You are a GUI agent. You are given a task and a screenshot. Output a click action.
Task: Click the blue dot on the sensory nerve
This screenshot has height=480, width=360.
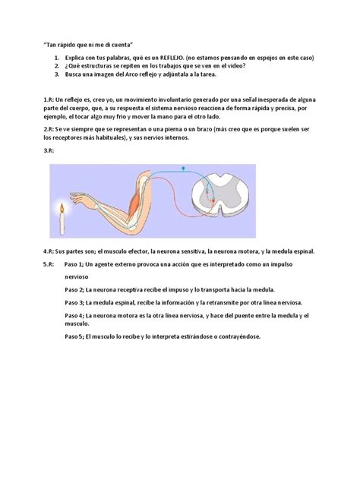pyautogui.click(x=183, y=167)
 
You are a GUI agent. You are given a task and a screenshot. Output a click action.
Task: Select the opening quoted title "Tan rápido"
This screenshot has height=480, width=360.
pyautogui.click(x=80, y=45)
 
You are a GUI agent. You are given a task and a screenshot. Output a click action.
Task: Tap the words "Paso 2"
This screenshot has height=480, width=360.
pyautogui.click(x=75, y=290)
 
